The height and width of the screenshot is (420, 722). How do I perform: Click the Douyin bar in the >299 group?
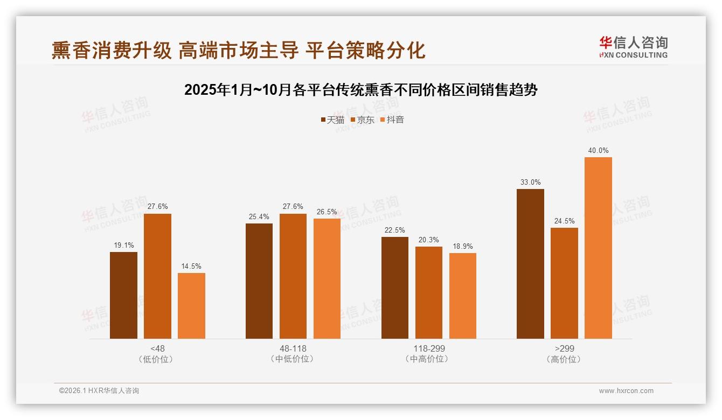(598, 248)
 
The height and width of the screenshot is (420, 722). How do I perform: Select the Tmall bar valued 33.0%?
(530, 264)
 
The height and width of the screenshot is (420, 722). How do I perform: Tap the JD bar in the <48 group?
(157, 276)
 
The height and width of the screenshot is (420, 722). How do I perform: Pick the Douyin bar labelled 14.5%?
(191, 306)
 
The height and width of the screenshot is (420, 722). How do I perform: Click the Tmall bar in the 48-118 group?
(259, 281)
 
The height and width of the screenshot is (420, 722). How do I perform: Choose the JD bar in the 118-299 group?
(429, 293)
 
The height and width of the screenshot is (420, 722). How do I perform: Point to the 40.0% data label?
(598, 151)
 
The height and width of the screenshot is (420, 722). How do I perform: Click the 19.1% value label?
(123, 246)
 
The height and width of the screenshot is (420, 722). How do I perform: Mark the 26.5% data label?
(327, 212)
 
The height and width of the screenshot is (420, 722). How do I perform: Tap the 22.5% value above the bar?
(395, 230)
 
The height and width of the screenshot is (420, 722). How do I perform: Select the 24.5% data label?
(564, 221)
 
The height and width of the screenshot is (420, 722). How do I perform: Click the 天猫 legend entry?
(332, 120)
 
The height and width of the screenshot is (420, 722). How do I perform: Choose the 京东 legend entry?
(363, 120)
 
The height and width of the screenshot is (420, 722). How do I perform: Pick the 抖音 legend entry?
(392, 120)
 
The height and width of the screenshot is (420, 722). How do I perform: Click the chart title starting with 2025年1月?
(360, 90)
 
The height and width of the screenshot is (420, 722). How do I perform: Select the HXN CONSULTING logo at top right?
(634, 47)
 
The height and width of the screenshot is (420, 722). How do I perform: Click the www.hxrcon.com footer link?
(626, 391)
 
